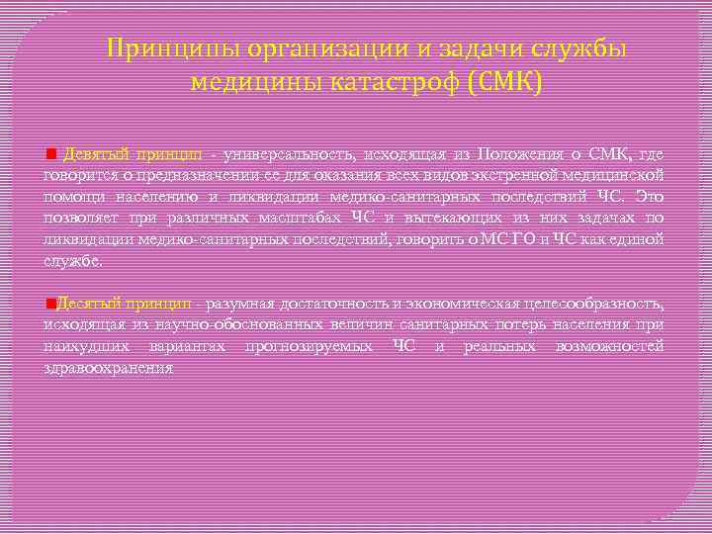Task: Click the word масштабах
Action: pos(300,218)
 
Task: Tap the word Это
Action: pos(649,197)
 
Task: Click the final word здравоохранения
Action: pos(108,368)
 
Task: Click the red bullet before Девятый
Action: pos(51,155)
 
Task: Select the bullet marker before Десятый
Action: pos(49,303)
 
